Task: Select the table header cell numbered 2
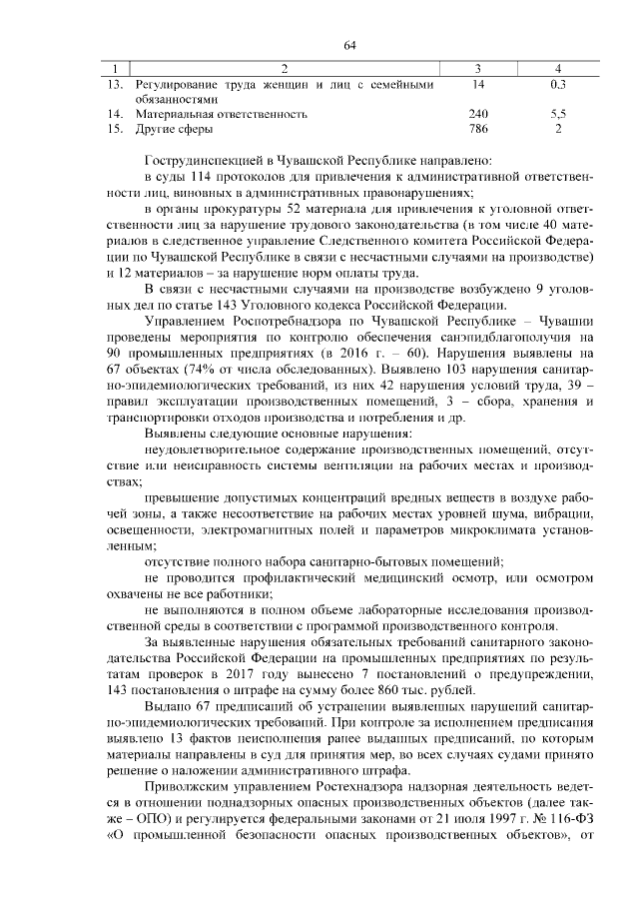pyautogui.click(x=286, y=68)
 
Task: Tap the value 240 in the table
pyautogui.click(x=478, y=115)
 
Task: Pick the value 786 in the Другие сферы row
pyautogui.click(x=478, y=130)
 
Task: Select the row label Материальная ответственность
pyautogui.click(x=221, y=115)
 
